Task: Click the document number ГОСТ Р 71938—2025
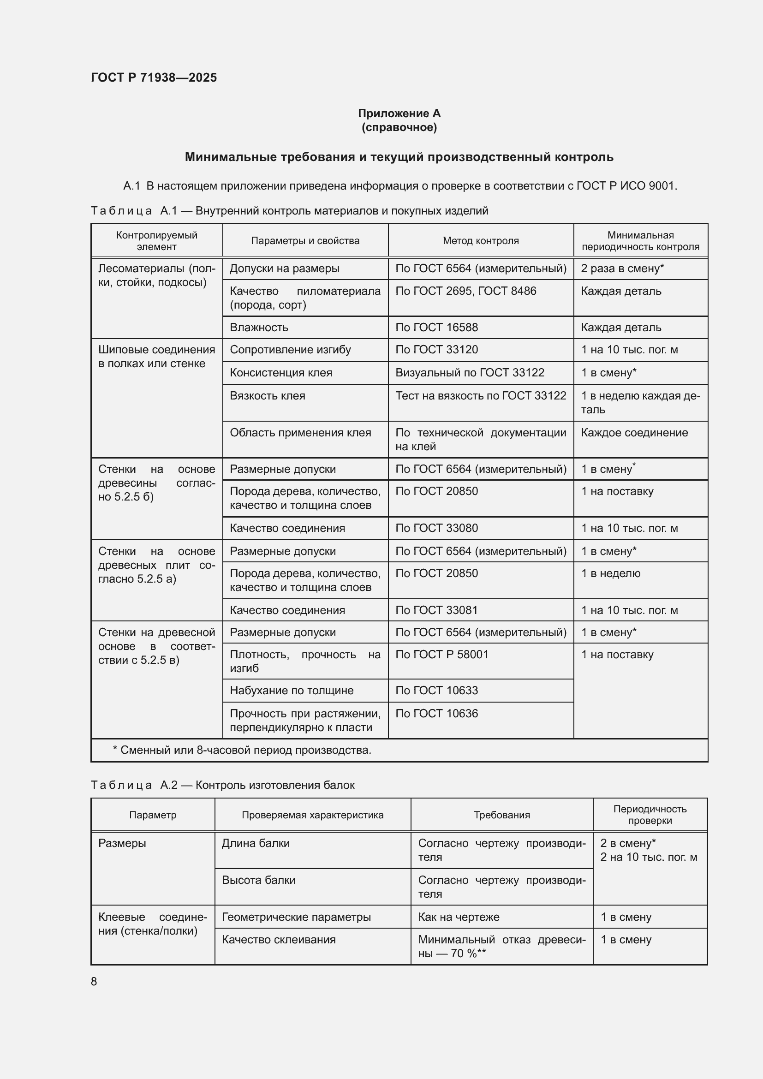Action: pos(154,77)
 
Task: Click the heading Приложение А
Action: pos(399,113)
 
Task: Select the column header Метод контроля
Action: pos(480,241)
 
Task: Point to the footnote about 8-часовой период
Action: pos(242,750)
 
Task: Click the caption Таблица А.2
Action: pos(222,785)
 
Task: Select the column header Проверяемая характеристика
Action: pos(312,815)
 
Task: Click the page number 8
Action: pos(94,981)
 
